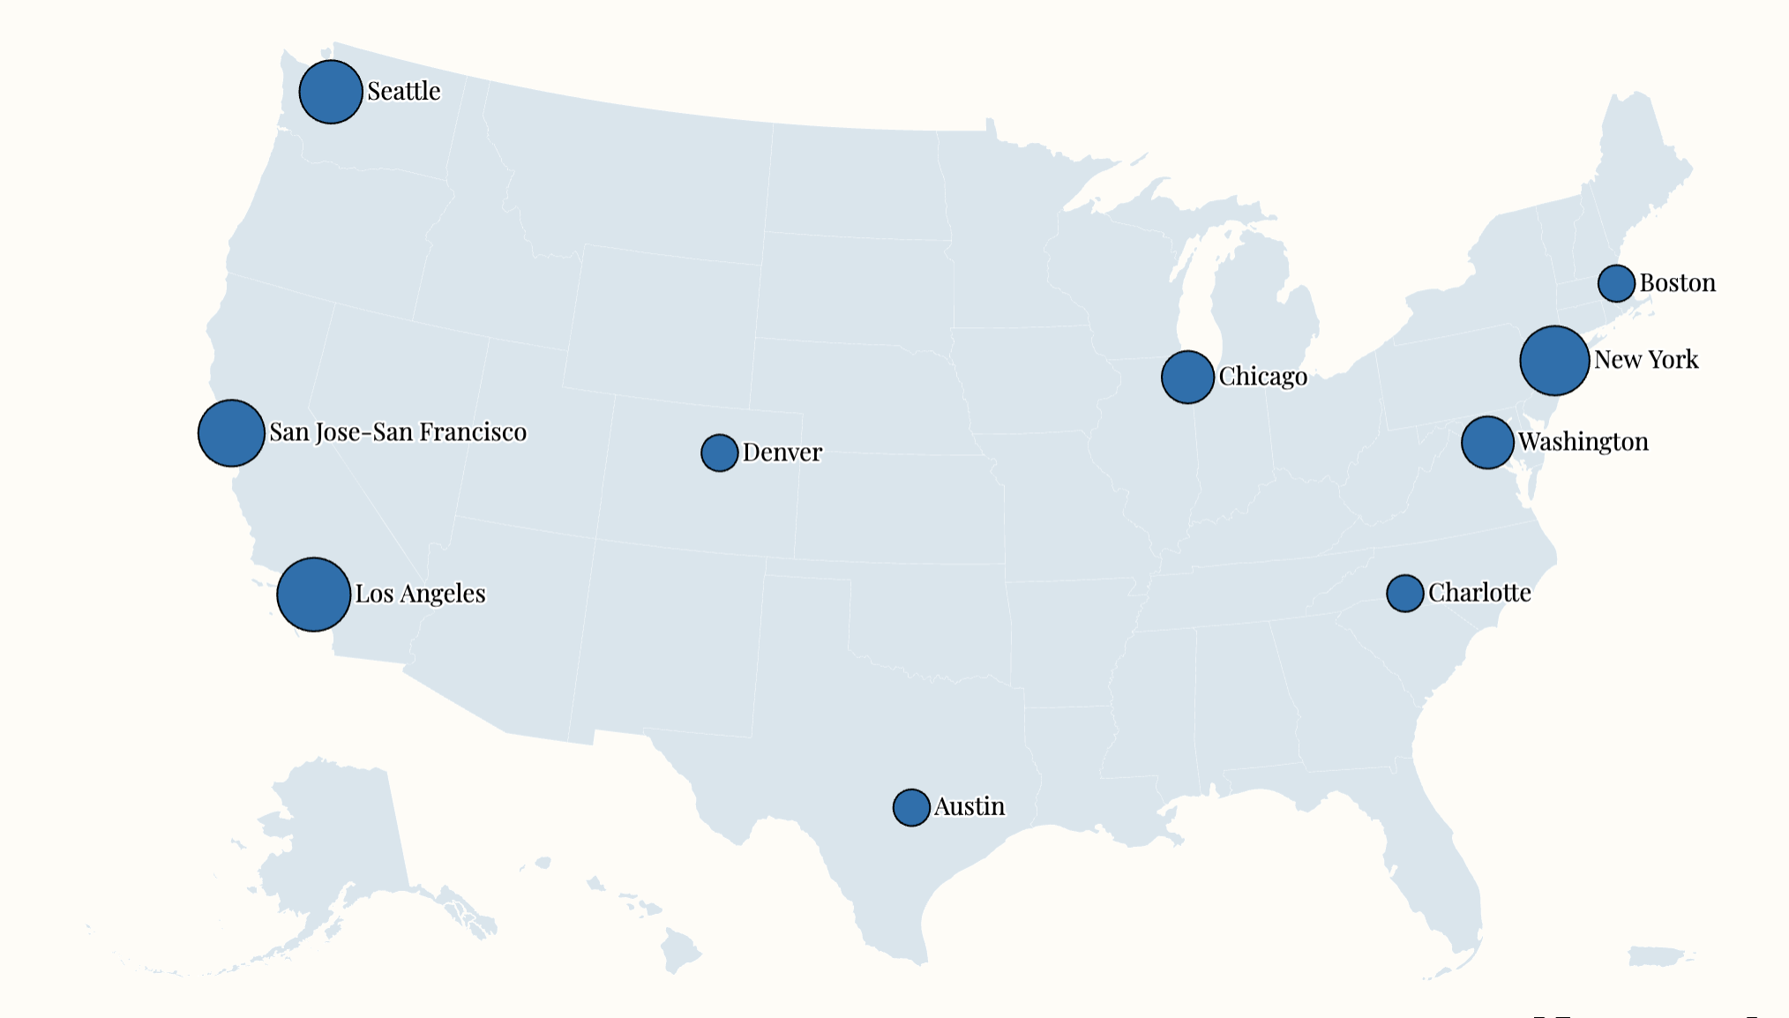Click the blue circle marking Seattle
[331, 92]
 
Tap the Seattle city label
[404, 91]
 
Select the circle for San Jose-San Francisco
[231, 432]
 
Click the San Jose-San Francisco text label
[398, 432]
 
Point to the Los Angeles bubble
[313, 594]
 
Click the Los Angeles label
[420, 594]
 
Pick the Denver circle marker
[720, 453]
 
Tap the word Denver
[782, 453]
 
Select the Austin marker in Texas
[911, 807]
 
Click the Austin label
[969, 806]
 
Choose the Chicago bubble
[1187, 377]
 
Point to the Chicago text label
[1263, 377]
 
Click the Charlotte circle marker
[1405, 593]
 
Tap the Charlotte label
[1479, 593]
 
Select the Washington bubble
[1487, 442]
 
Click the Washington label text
[1583, 442]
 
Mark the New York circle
[1554, 360]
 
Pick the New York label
[1646, 360]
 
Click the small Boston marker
[1616, 283]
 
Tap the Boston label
[1678, 283]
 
